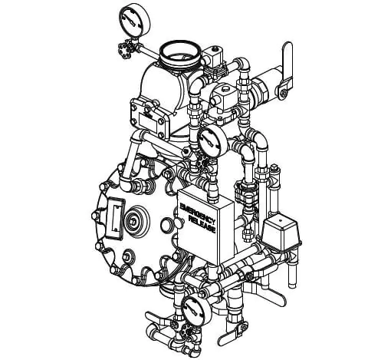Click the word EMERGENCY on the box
point(197,212)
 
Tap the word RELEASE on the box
point(202,225)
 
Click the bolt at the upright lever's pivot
point(283,94)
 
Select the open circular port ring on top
point(179,54)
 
